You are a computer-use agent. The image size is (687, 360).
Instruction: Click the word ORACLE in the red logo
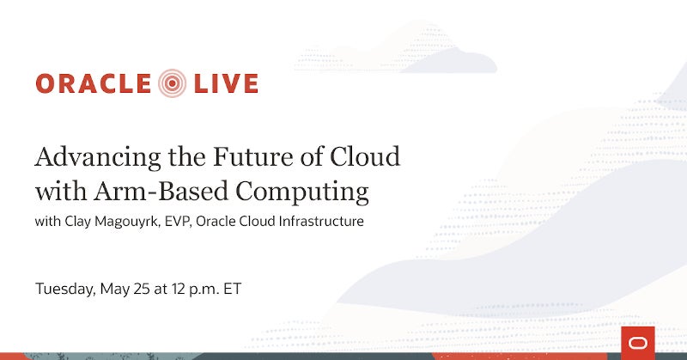pyautogui.click(x=94, y=83)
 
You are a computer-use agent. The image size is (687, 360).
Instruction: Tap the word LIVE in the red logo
pyautogui.click(x=226, y=83)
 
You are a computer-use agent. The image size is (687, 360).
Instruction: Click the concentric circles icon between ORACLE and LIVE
pyautogui.click(x=173, y=82)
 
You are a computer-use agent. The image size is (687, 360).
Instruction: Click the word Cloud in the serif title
pyautogui.click(x=365, y=156)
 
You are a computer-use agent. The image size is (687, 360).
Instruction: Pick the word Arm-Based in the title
pyautogui.click(x=161, y=192)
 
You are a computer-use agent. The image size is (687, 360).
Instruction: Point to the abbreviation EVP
pyautogui.click(x=179, y=221)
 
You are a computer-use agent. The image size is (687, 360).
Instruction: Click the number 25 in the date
pyautogui.click(x=141, y=289)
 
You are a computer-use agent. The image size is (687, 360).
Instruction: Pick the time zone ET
pyautogui.click(x=232, y=289)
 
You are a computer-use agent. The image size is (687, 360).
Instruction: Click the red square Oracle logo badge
pyautogui.click(x=638, y=343)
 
